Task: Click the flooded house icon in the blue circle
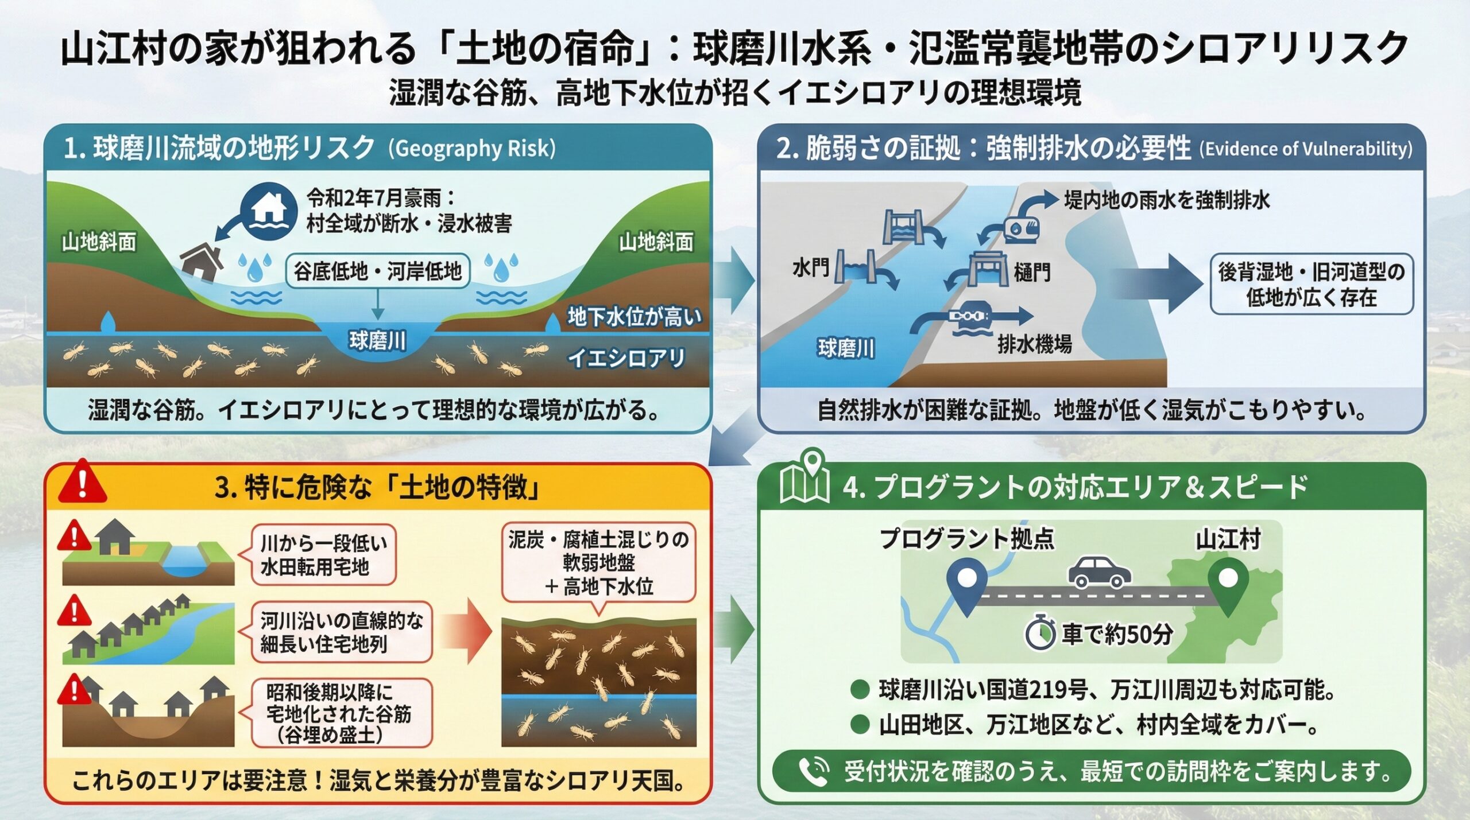tap(269, 211)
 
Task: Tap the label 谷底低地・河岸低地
tap(377, 271)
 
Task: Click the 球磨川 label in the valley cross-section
tap(377, 341)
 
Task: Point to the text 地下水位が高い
tap(634, 316)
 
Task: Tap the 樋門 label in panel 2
tap(1032, 271)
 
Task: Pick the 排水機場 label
tap(1034, 344)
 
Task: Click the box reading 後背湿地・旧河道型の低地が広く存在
tap(1312, 284)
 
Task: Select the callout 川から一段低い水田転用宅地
tap(323, 554)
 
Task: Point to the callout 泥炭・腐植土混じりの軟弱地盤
tap(598, 562)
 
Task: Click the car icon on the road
tap(1099, 571)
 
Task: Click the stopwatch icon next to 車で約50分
tap(1040, 634)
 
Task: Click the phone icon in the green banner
tap(813, 771)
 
